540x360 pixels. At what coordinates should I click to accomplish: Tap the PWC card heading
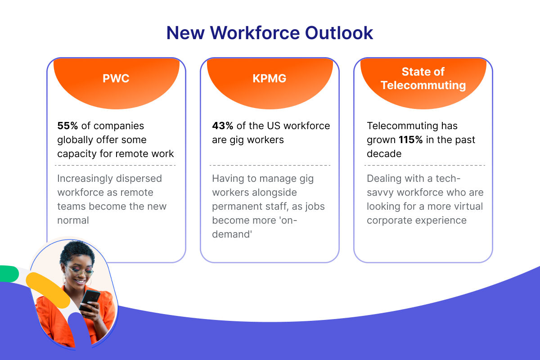click(x=116, y=78)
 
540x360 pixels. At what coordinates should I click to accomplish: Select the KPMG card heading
click(x=270, y=78)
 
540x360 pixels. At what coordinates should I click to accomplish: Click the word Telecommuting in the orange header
click(x=423, y=85)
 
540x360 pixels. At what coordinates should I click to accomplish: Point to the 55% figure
click(x=67, y=126)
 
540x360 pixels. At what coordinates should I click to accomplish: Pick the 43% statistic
click(x=222, y=126)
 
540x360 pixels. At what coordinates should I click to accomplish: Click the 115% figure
click(x=410, y=140)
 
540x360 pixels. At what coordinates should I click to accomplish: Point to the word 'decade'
click(x=384, y=154)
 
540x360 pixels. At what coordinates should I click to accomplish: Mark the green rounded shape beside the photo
click(x=8, y=273)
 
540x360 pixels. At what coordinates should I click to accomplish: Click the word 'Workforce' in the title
click(x=255, y=33)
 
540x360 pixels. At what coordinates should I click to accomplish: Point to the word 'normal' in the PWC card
click(x=73, y=220)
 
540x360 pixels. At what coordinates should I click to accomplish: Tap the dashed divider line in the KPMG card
click(x=270, y=165)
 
